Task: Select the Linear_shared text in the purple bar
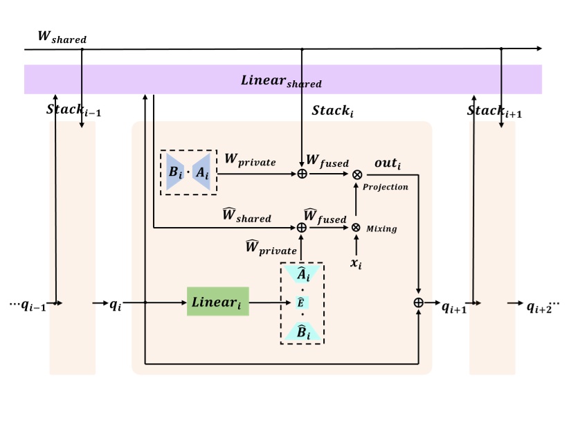[x=281, y=80]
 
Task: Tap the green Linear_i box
[x=217, y=302]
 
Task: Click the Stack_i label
[x=333, y=111]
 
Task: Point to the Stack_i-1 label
[x=73, y=110]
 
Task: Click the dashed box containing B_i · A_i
[x=188, y=172]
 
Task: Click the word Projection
[x=386, y=187]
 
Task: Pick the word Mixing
[x=381, y=228]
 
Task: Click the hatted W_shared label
[x=246, y=216]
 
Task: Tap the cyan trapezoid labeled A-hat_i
[x=302, y=275]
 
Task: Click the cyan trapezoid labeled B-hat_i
[x=302, y=332]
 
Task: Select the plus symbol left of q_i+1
[x=419, y=302]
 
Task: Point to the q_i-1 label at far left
[x=28, y=305]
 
